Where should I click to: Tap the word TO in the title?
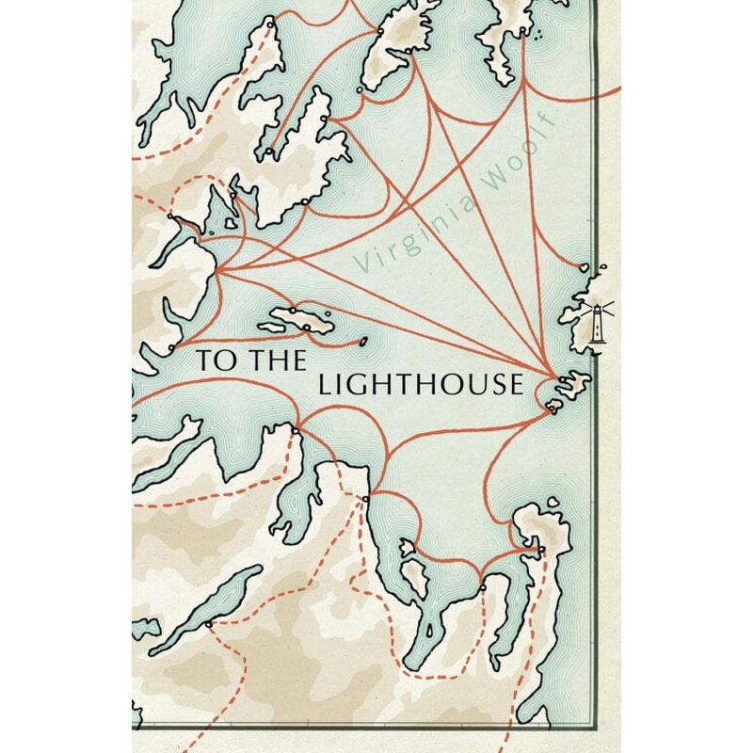pyautogui.click(x=212, y=359)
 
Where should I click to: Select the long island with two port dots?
pyautogui.click(x=298, y=320)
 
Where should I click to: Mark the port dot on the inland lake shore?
pyautogui.click(x=208, y=624)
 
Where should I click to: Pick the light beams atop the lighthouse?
pyautogui.click(x=596, y=305)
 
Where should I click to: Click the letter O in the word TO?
pyautogui.click(x=219, y=359)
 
